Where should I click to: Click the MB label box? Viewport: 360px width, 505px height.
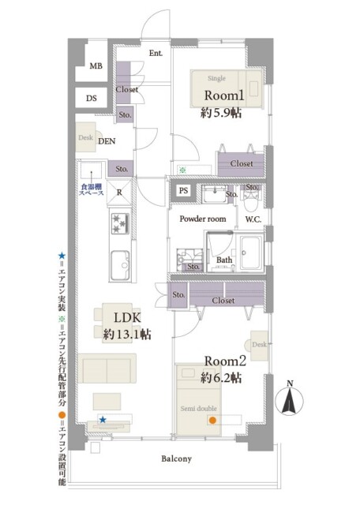point(93,66)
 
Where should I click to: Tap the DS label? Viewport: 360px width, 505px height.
point(92,99)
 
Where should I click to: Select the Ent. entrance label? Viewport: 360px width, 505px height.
point(155,54)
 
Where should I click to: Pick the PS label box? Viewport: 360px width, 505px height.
point(183,190)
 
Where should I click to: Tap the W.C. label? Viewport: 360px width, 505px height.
point(253,219)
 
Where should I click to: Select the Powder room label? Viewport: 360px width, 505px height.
point(203,219)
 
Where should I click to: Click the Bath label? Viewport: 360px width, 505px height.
point(224,260)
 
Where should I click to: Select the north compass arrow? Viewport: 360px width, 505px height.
point(290,399)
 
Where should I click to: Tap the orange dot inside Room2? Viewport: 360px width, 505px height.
point(212,420)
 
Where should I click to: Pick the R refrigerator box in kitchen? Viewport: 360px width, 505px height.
point(118,192)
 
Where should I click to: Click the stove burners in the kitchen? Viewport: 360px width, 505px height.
point(118,224)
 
